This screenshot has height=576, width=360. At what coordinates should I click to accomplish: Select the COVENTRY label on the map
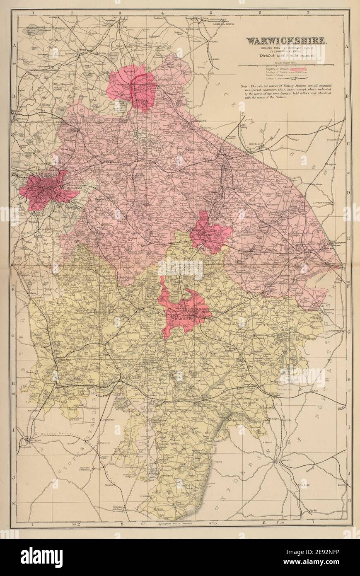196,229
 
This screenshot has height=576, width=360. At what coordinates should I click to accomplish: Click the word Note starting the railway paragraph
244,87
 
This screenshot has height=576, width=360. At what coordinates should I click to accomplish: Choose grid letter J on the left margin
14,477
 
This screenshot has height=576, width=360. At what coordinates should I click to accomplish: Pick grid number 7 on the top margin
308,13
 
